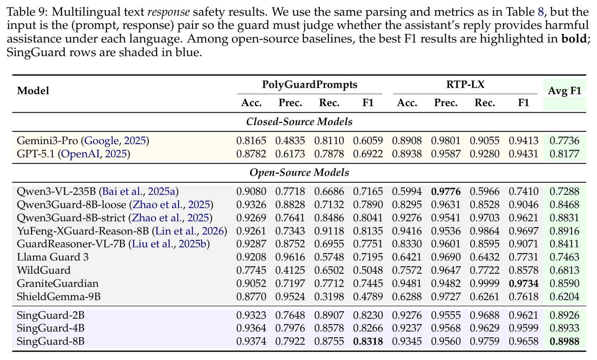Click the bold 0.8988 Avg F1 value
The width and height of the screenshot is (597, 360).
tap(564, 341)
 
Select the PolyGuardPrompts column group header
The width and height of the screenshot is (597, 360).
tap(309, 85)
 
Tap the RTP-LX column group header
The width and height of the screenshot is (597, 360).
tap(465, 85)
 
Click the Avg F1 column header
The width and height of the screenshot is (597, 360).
tap(564, 91)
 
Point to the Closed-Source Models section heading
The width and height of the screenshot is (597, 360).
tap(299, 122)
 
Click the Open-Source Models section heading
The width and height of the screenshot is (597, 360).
tap(299, 173)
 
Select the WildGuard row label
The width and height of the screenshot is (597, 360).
tap(44, 270)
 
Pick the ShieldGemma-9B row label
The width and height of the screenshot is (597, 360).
tap(59, 296)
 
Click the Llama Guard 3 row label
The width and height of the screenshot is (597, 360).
tap(52, 257)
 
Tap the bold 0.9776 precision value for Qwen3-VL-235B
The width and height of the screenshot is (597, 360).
tap(446, 192)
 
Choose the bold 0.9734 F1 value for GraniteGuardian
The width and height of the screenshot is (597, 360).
tap(524, 284)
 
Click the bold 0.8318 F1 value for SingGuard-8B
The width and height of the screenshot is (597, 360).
tap(368, 341)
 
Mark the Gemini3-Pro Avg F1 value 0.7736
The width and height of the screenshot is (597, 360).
tap(564, 140)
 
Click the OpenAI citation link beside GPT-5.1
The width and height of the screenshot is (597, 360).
tap(80, 154)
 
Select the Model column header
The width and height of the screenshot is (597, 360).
tap(33, 91)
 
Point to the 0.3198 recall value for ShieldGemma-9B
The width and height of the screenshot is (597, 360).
tap(329, 296)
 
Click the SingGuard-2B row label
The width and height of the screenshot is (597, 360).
tap(51, 315)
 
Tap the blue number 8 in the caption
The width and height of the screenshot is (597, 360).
tap(541, 12)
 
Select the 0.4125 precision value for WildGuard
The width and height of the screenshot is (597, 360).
tap(290, 270)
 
